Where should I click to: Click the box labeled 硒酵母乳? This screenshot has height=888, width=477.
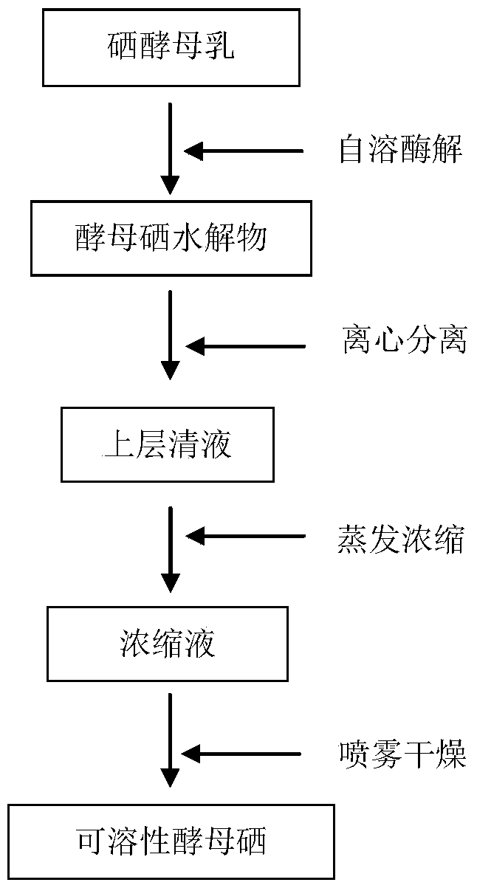tap(171, 48)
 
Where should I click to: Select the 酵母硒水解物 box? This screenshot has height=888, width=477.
tap(171, 238)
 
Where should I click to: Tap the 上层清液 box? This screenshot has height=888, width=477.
tap(168, 445)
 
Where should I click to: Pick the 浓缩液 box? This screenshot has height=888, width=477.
tap(168, 644)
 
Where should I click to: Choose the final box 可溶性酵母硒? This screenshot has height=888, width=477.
tap(171, 841)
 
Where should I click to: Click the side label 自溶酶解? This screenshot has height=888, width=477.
tap(401, 149)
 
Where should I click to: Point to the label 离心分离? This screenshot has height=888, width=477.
tap(405, 340)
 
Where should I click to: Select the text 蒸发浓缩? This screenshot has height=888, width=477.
tap(400, 539)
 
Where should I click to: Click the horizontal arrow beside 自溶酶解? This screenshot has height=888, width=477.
tap(244, 151)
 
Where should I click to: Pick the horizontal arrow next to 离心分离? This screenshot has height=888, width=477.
tap(245, 346)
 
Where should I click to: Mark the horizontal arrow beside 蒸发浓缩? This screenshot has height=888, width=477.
tap(245, 536)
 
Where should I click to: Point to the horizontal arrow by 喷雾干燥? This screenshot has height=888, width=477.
tap(241, 754)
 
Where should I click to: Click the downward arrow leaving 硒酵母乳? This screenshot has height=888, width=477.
tap(170, 148)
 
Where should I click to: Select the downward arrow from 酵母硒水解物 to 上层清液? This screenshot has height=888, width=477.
tap(170, 335)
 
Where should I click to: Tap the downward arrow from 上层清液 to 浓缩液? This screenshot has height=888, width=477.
tap(170, 549)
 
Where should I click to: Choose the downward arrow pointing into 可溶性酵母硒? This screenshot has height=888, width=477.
tap(170, 740)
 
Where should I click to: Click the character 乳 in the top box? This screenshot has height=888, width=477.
tap(218, 46)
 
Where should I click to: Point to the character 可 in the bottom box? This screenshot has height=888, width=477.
tap(92, 841)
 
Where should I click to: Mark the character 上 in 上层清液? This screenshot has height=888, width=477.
tap(117, 444)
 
